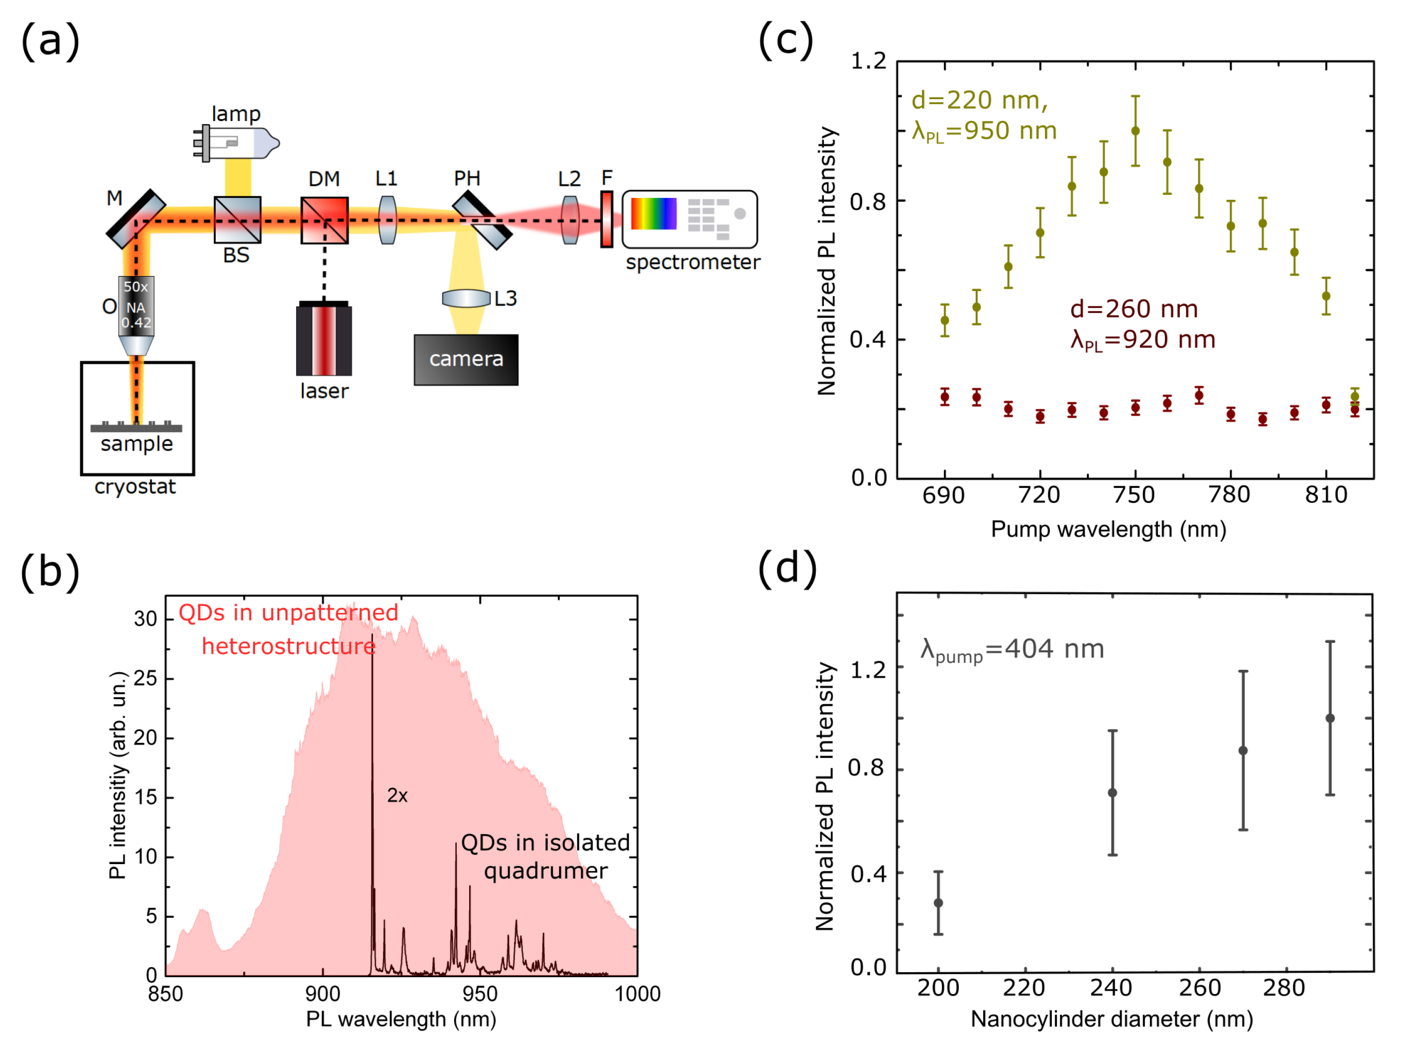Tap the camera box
pyautogui.click(x=466, y=360)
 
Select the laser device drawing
pyautogui.click(x=324, y=340)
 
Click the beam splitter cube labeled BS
pyautogui.click(x=238, y=220)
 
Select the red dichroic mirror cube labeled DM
pyautogui.click(x=324, y=220)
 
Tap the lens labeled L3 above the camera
pyautogui.click(x=466, y=298)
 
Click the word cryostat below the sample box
pyautogui.click(x=135, y=487)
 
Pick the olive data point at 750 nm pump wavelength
pyautogui.click(x=1136, y=131)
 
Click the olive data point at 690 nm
pyautogui.click(x=945, y=320)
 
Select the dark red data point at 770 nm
pyautogui.click(x=1199, y=396)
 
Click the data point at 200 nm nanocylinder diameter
pyautogui.click(x=938, y=903)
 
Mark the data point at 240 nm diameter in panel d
pyautogui.click(x=1113, y=793)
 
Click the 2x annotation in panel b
pyautogui.click(x=397, y=796)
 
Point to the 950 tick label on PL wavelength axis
pyautogui.click(x=480, y=994)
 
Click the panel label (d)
pyautogui.click(x=787, y=568)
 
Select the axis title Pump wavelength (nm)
pyautogui.click(x=1108, y=529)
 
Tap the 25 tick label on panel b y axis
pyautogui.click(x=145, y=679)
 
